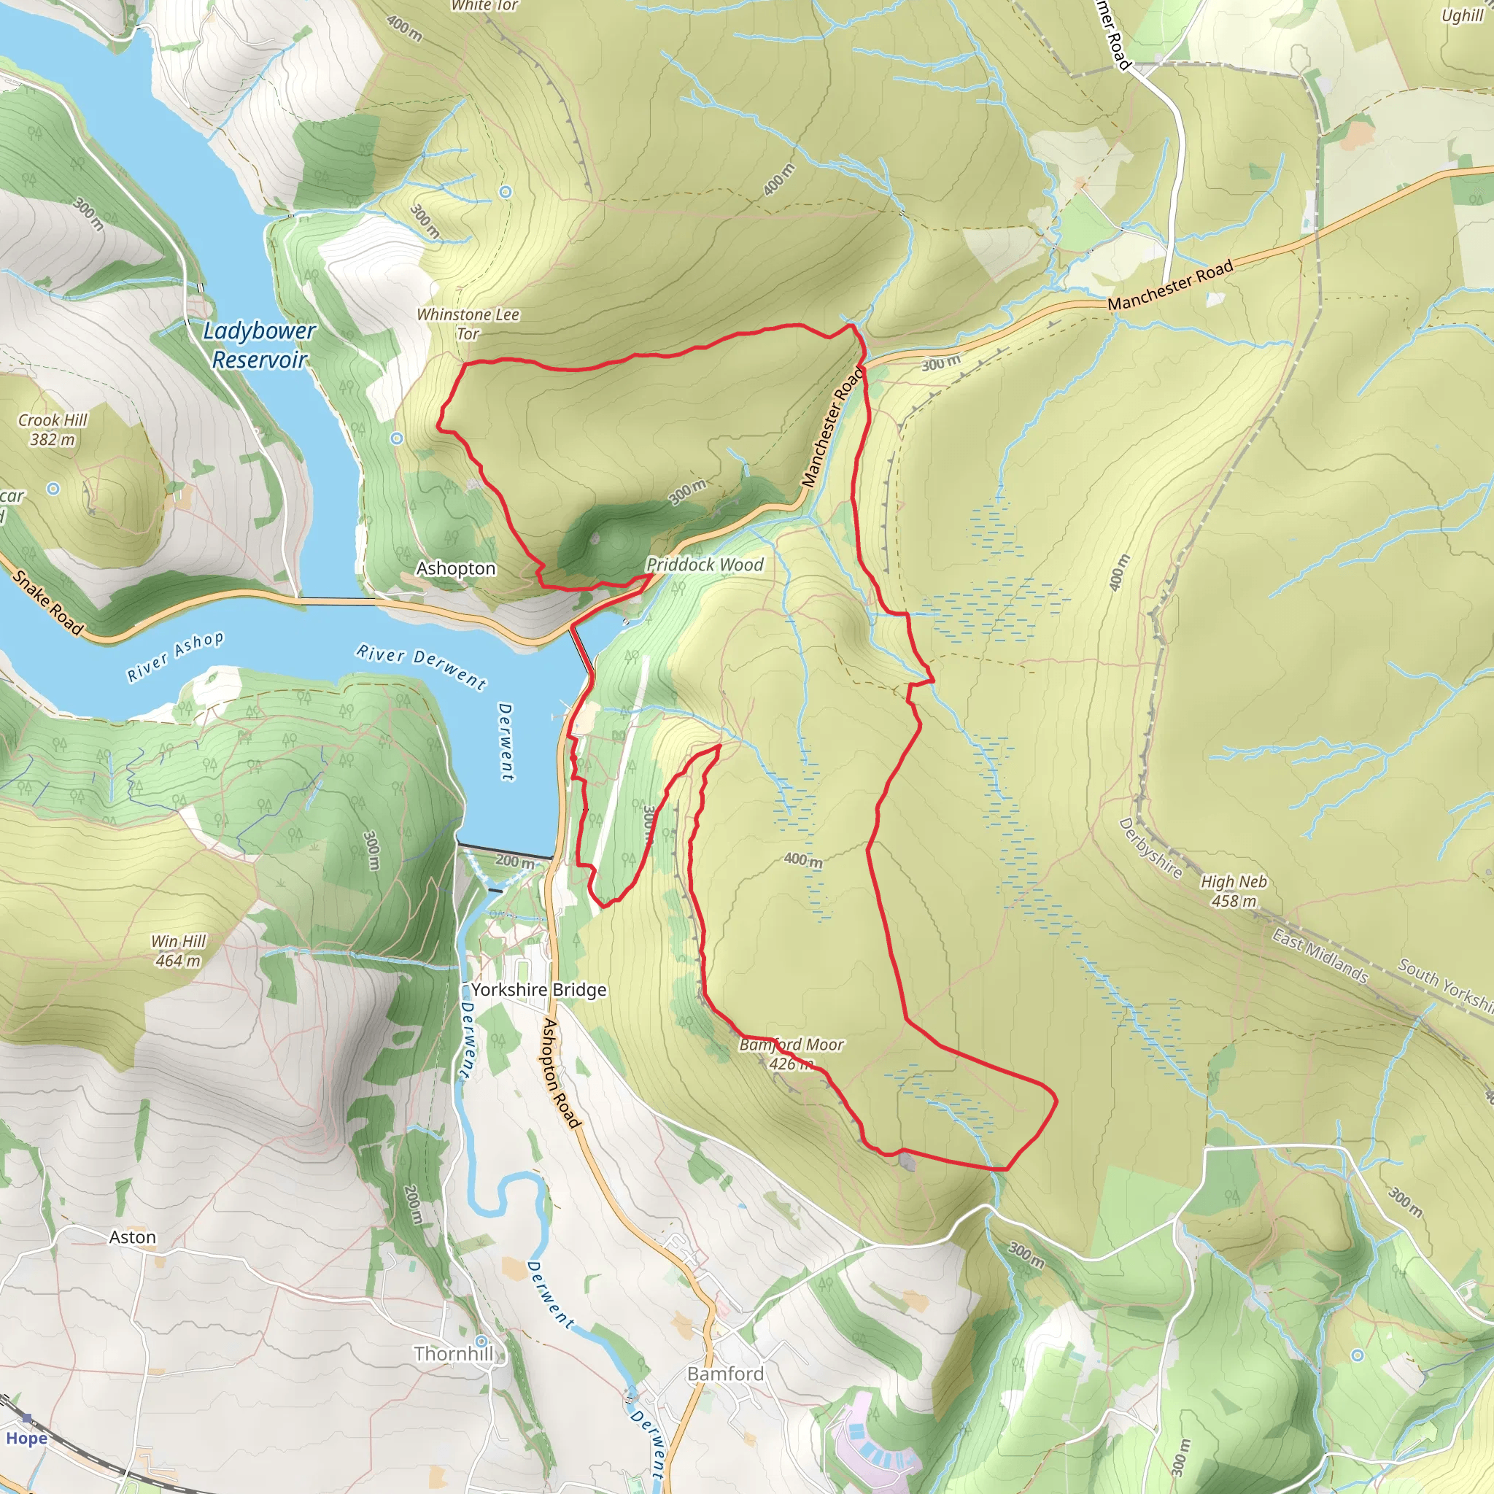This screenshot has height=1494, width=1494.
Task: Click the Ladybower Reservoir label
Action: tap(259, 345)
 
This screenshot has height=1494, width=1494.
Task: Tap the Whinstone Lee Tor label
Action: tap(468, 324)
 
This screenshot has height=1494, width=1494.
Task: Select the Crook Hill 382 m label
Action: tap(53, 430)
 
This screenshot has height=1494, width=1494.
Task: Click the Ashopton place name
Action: tap(455, 568)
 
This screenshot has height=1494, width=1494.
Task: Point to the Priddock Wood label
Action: tap(705, 565)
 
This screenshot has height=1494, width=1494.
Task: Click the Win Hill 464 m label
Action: tap(179, 951)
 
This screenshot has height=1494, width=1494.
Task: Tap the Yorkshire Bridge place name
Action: tap(539, 990)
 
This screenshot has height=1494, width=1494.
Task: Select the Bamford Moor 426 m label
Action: tap(791, 1054)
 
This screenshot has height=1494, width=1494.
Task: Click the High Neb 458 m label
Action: tap(1234, 891)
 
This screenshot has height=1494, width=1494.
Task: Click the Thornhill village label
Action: tap(453, 1353)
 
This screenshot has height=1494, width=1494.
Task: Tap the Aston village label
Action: tap(132, 1237)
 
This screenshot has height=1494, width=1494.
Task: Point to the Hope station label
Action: tap(26, 1439)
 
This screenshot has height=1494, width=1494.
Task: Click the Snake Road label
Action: tap(47, 603)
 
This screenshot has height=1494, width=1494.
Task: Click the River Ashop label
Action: tap(176, 657)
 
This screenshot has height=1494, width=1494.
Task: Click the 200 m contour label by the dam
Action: tap(514, 861)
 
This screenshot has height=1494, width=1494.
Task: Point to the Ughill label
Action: tap(1461, 15)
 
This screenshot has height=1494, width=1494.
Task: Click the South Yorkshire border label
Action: tap(1444, 983)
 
